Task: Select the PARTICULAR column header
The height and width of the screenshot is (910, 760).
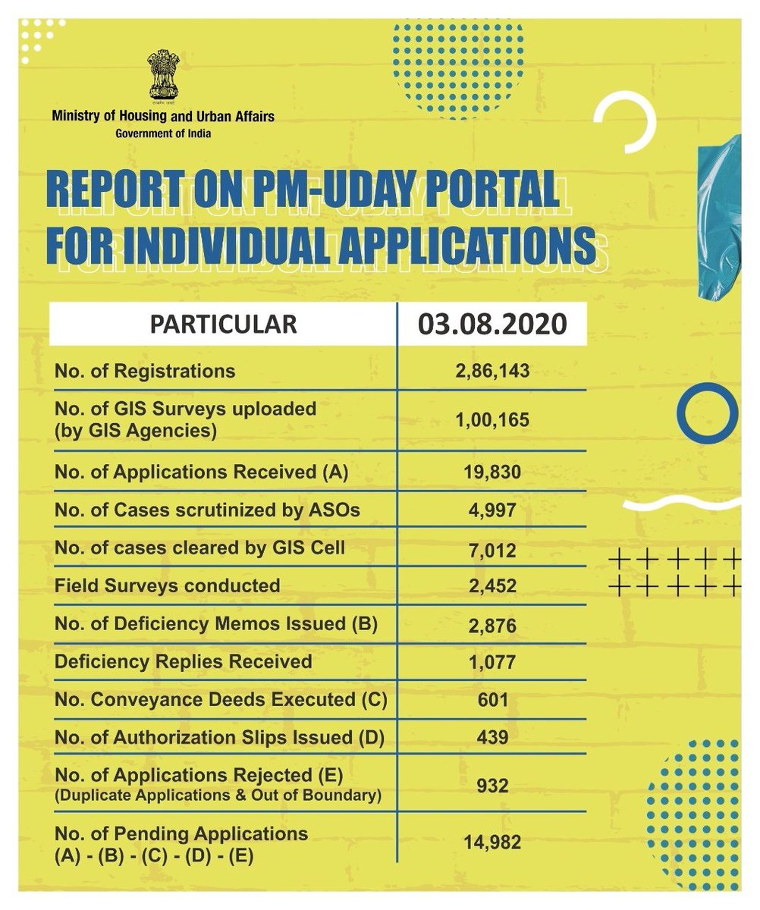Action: [223, 324]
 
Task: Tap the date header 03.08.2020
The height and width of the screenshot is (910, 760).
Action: [492, 324]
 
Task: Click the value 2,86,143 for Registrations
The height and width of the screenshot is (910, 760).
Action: [492, 372]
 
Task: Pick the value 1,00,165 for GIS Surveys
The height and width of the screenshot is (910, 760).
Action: [492, 419]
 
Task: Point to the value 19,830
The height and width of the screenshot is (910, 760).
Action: [492, 472]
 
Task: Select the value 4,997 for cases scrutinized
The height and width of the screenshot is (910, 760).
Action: [492, 510]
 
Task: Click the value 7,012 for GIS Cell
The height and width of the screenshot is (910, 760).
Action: [492, 548]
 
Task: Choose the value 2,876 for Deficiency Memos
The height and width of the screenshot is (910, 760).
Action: [492, 624]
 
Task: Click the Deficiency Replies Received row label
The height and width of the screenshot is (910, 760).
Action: [184, 661]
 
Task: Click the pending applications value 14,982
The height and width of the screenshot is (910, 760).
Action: [492, 841]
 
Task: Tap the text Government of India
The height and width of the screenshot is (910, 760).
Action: [163, 133]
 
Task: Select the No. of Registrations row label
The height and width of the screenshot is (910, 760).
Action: [145, 372]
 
